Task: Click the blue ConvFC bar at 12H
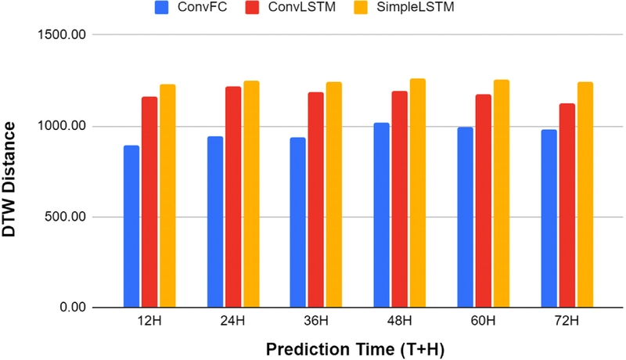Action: [x=131, y=226]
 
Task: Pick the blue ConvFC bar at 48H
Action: [x=381, y=215]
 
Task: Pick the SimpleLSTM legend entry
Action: [x=406, y=10]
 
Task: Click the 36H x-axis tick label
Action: [x=316, y=322]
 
